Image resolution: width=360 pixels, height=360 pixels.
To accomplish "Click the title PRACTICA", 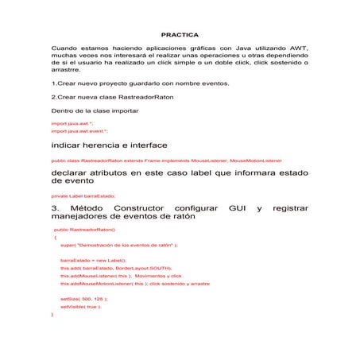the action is (180, 35).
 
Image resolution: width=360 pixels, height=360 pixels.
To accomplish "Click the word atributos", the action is (130, 172).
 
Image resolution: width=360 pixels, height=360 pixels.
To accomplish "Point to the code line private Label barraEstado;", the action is (83, 195).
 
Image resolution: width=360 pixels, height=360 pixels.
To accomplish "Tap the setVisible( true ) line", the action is (80, 306).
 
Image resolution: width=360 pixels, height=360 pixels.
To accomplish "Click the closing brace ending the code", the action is (52, 314).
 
